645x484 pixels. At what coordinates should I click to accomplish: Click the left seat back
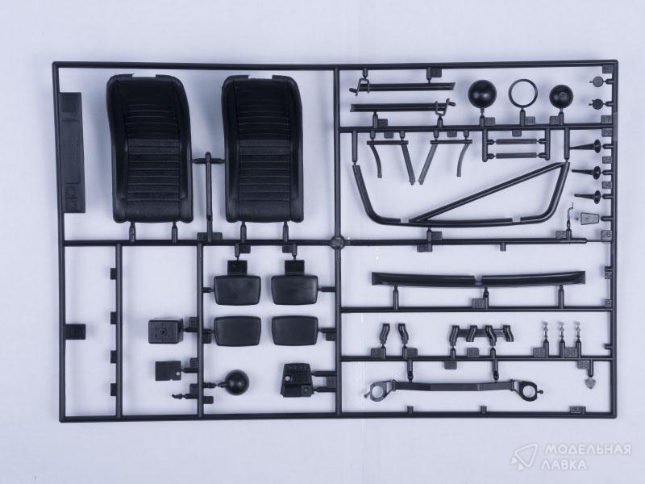(x=150, y=149)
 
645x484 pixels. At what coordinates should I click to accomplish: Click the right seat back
(x=263, y=149)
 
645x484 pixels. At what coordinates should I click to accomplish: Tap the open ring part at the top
(x=523, y=92)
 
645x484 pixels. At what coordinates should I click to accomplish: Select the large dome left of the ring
(x=482, y=94)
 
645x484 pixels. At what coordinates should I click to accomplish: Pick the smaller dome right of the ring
(x=561, y=96)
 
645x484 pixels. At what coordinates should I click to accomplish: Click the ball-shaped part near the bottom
(x=237, y=382)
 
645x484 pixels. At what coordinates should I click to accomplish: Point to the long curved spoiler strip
(x=478, y=279)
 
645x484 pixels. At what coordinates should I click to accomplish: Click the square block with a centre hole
(x=165, y=331)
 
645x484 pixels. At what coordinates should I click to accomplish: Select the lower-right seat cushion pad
(x=295, y=331)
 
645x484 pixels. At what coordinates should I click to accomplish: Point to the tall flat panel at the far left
(x=72, y=152)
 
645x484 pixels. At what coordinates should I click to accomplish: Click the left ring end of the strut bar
(x=378, y=390)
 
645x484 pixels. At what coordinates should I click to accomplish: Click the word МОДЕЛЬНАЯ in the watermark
(x=588, y=449)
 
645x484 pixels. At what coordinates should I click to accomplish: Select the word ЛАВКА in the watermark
(x=564, y=465)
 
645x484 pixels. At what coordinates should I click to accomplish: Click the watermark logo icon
(x=523, y=457)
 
